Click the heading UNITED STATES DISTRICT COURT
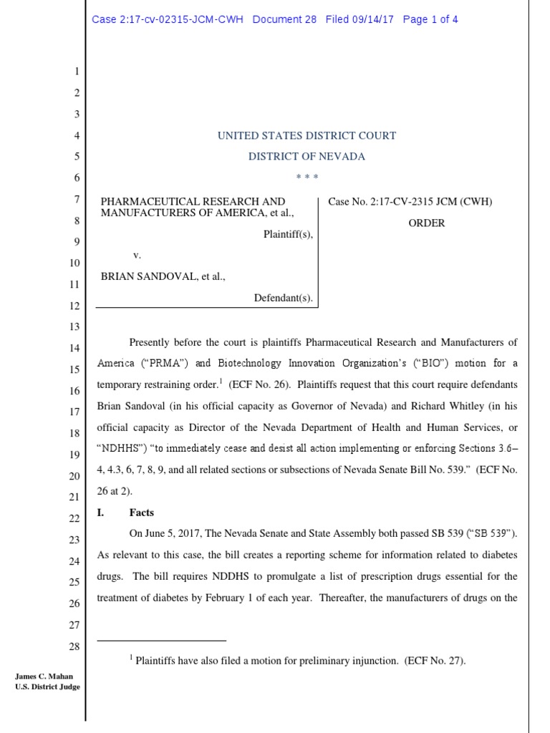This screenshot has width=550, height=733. click(x=307, y=135)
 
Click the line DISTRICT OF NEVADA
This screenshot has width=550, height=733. click(x=307, y=156)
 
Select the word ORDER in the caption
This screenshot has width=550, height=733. click(x=427, y=223)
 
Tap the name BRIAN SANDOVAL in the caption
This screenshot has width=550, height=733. click(x=143, y=276)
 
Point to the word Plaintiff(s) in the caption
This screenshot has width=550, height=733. click(x=288, y=234)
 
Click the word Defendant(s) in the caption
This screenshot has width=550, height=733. click(x=284, y=298)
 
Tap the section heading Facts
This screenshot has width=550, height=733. click(x=141, y=513)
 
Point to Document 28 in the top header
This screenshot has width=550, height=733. click(x=284, y=19)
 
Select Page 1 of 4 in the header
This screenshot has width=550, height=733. click(x=430, y=19)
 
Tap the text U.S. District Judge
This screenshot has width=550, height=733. click(x=47, y=687)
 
